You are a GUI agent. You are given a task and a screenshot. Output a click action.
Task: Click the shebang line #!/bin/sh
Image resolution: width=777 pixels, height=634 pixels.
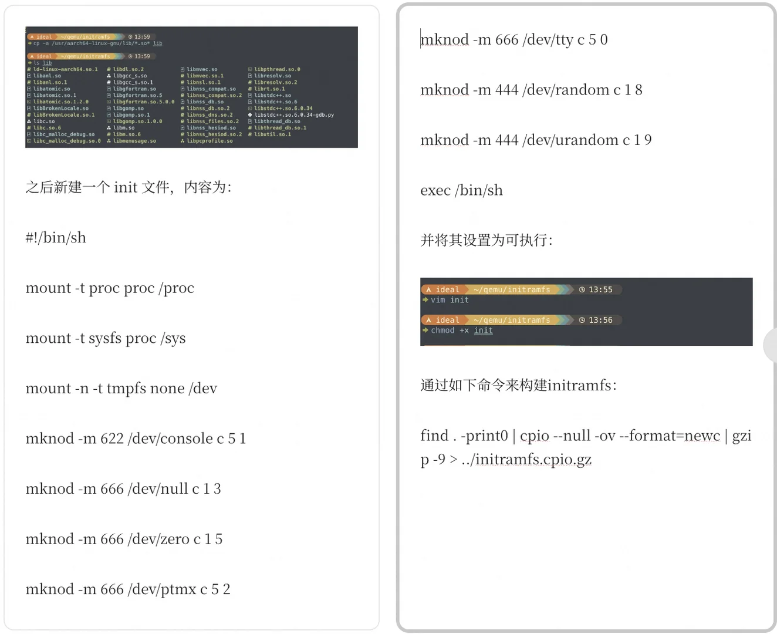tap(56, 238)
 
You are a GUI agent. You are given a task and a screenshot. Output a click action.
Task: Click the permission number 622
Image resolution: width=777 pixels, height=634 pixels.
tap(112, 439)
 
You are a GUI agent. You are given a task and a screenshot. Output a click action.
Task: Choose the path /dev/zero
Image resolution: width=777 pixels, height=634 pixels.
tap(158, 539)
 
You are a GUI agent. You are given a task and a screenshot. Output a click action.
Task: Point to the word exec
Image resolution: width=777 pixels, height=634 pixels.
tap(435, 191)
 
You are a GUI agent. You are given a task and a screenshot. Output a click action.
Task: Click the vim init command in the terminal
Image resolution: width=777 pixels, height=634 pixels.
tap(450, 300)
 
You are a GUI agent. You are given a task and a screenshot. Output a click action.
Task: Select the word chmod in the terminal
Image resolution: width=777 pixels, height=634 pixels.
tap(442, 331)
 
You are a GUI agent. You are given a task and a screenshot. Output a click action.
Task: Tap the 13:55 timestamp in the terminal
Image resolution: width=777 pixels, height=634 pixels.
tap(600, 289)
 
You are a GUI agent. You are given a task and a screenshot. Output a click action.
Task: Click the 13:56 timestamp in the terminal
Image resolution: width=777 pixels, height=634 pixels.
tap(600, 320)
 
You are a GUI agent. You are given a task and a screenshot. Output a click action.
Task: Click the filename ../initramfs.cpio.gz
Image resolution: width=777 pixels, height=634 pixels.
tap(526, 460)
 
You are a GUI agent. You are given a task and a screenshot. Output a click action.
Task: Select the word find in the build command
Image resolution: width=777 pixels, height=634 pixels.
tap(434, 436)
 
